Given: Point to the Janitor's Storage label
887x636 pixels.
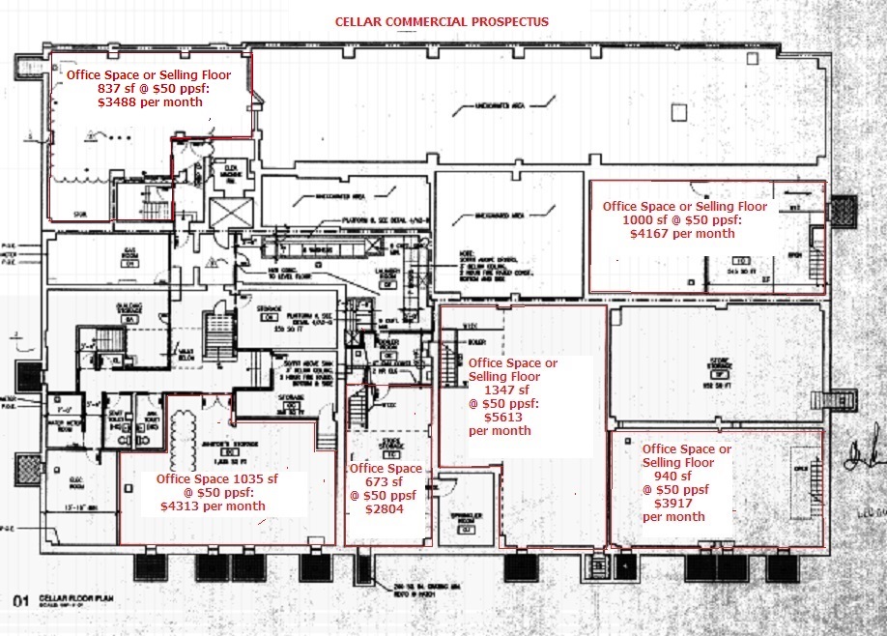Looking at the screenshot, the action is coord(228,444).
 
